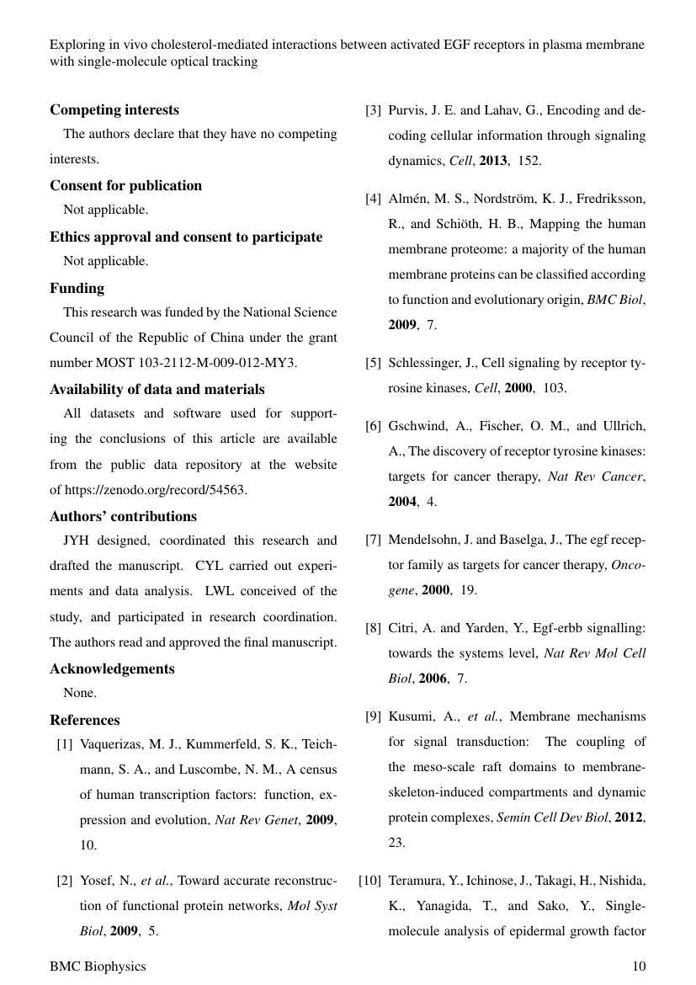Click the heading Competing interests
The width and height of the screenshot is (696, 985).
[x=114, y=109]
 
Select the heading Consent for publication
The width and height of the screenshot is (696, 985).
[x=125, y=185]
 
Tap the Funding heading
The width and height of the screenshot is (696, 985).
[x=77, y=288]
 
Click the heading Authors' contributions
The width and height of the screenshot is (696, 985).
[x=123, y=516]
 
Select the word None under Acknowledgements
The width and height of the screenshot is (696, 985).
[x=79, y=694]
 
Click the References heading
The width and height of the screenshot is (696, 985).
[x=84, y=720]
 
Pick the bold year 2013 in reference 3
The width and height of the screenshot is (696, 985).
[x=493, y=161]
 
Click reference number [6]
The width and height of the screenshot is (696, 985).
[x=373, y=425]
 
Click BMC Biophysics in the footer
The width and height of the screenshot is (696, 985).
[x=97, y=966]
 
